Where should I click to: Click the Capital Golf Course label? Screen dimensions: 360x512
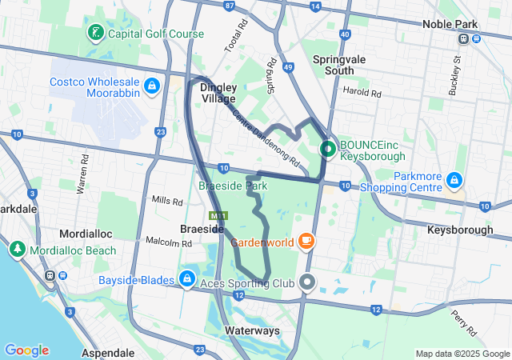[x=157, y=34]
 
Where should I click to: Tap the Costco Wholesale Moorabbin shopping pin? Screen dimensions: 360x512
[x=151, y=85]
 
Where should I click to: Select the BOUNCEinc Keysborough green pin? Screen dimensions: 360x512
[x=328, y=148]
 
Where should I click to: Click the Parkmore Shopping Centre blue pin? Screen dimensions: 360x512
[x=454, y=180]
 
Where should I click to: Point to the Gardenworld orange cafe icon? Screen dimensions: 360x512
[x=306, y=241]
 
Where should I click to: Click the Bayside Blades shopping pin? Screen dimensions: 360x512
[x=186, y=278]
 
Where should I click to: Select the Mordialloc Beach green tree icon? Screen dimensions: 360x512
[x=17, y=249]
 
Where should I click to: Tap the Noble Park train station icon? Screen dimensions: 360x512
[x=464, y=38]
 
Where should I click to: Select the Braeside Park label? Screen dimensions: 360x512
[x=232, y=186]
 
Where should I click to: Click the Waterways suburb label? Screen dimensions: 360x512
[x=252, y=330]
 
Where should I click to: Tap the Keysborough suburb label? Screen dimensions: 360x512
[x=460, y=230]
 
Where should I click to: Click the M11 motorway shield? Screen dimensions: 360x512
[x=216, y=216]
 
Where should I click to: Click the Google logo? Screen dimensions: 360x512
[x=26, y=350]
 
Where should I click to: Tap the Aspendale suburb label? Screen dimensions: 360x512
[x=108, y=352]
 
